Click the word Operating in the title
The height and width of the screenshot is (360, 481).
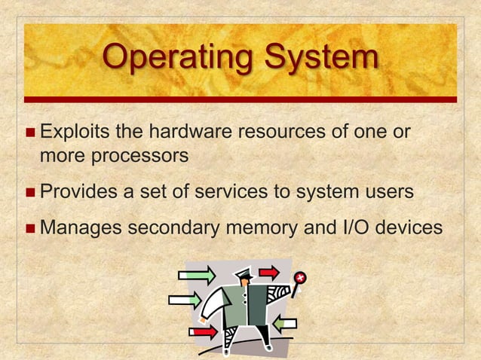tap(177, 57)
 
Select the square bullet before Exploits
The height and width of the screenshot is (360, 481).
tap(29, 133)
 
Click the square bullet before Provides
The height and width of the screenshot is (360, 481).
tap(29, 192)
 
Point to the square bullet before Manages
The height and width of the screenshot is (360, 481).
tap(29, 226)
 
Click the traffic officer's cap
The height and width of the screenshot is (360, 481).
tap(244, 273)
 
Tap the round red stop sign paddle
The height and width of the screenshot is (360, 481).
tap(300, 279)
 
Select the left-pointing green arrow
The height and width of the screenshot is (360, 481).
tap(284, 324)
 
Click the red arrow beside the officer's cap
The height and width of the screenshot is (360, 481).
tap(269, 272)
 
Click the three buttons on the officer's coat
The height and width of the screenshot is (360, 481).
tap(245, 305)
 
